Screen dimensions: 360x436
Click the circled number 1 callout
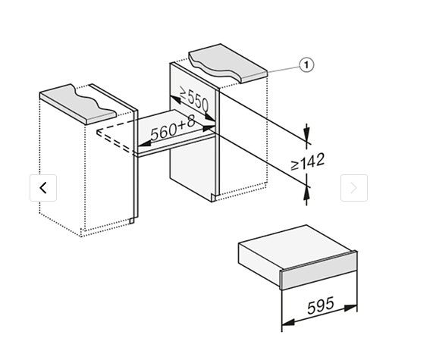point(306,65)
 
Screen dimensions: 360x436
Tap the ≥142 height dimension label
point(307,161)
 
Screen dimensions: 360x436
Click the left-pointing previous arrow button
point(43,188)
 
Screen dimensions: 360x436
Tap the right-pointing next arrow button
point(354,188)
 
